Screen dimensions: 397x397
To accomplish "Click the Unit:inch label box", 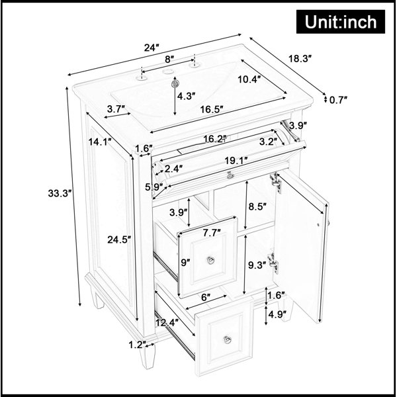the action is click(x=341, y=22).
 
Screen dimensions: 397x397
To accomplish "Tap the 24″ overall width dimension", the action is click(x=152, y=48).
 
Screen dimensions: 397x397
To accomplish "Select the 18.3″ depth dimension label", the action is click(x=300, y=59).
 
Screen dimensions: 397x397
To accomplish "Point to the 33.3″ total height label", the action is click(x=59, y=193).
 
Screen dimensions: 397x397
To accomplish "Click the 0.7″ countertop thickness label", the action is click(x=338, y=100).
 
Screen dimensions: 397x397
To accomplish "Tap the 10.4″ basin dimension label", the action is click(x=249, y=79).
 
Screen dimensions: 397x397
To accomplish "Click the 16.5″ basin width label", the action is click(x=212, y=110).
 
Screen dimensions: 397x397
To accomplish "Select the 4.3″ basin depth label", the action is click(x=187, y=96).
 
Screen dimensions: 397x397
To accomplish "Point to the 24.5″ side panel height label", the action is click(x=119, y=240).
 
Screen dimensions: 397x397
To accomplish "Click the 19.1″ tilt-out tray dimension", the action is click(x=236, y=161).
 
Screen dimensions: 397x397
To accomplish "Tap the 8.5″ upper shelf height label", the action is click(x=257, y=206).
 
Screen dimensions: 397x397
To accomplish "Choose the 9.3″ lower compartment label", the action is click(x=257, y=265).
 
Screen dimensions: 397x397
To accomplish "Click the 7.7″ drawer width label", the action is click(x=212, y=233).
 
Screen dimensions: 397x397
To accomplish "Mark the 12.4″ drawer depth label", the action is click(x=167, y=323).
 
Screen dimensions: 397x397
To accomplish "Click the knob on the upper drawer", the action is click(x=210, y=260).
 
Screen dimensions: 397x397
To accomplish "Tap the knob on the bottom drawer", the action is click(x=227, y=339).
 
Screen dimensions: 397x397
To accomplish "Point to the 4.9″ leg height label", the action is click(x=277, y=315).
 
